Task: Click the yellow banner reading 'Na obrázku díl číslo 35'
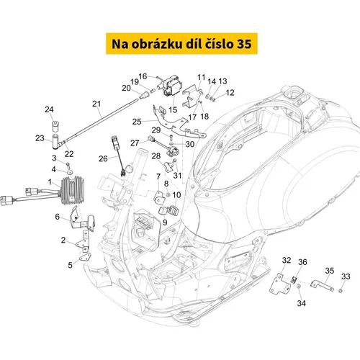pos(181,44)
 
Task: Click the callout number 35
pos(330,271)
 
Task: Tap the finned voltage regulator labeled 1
pos(72,190)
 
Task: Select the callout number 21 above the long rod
pos(96,104)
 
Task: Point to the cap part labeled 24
pos(56,126)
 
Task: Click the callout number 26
pos(103,158)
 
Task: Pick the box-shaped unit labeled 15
pos(170,86)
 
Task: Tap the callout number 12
pos(230,93)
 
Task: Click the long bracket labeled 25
pos(179,123)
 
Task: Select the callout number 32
pos(287,260)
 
